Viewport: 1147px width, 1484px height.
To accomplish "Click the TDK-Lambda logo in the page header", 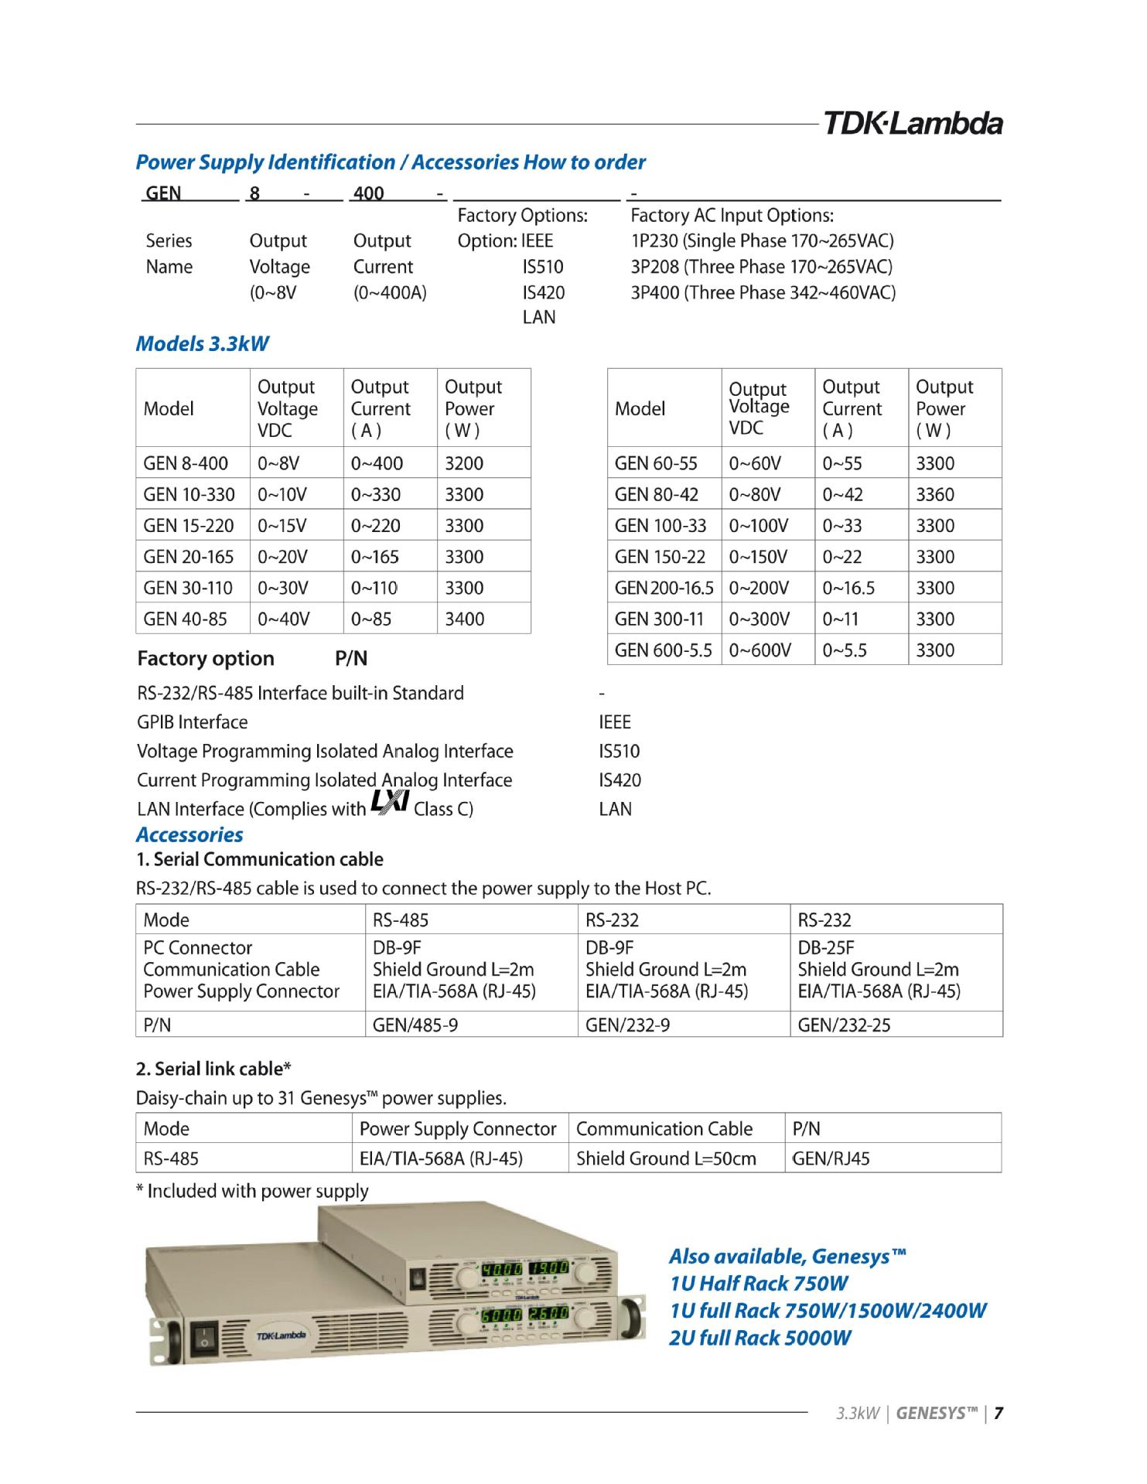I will pos(913,124).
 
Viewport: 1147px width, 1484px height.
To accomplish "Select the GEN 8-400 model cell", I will pos(186,463).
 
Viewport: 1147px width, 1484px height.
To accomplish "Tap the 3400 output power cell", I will pos(465,619).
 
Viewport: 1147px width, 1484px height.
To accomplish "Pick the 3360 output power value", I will pos(935,494).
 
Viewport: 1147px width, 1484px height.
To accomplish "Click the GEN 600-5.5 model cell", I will pos(663,650).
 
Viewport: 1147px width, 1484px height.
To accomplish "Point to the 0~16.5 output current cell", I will pos(848,588).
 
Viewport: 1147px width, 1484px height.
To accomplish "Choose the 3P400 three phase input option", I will pos(763,293).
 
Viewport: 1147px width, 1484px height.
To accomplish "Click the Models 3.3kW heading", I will pos(202,344).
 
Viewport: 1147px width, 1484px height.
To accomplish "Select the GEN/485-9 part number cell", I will pos(415,1025).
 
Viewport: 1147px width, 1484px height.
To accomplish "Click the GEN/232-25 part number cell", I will pos(844,1025).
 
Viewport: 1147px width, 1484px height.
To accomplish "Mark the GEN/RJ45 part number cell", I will pos(831,1158).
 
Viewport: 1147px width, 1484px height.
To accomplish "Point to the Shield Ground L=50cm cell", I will pos(666,1158).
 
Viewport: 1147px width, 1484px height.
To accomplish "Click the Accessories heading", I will pos(189,835).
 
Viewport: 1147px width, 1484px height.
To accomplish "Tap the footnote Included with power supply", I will pos(252,1191).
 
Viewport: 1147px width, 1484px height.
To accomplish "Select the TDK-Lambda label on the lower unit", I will pos(281,1336).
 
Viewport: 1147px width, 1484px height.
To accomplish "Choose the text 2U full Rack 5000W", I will pos(760,1338).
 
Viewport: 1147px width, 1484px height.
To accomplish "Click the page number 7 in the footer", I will pos(999,1414).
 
